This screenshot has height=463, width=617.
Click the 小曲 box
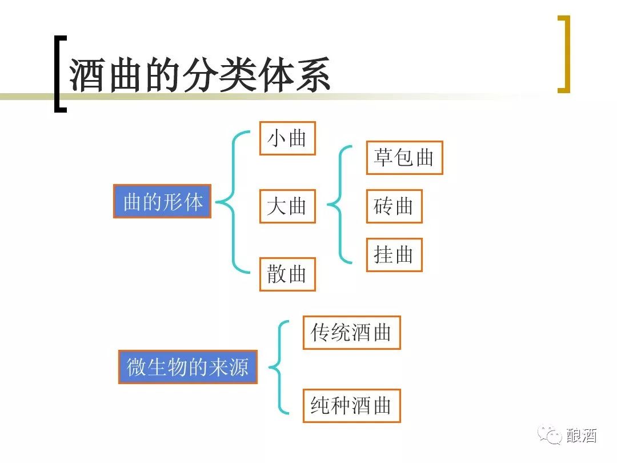click(x=287, y=138)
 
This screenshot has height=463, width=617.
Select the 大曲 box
click(x=287, y=206)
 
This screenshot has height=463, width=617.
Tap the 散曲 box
click(x=287, y=274)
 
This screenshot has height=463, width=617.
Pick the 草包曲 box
click(x=404, y=157)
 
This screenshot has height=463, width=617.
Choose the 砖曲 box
click(x=394, y=206)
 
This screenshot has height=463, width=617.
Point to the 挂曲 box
click(x=394, y=255)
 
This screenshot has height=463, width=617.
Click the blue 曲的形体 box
click(x=162, y=201)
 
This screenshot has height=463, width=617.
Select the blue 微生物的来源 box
click(x=188, y=366)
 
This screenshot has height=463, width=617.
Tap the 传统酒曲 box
click(x=351, y=332)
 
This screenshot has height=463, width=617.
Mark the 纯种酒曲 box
click(x=351, y=405)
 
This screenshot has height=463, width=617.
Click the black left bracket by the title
click(x=59, y=74)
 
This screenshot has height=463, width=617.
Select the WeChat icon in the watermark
click(x=552, y=436)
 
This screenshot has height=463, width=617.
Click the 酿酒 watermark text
click(x=581, y=436)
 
